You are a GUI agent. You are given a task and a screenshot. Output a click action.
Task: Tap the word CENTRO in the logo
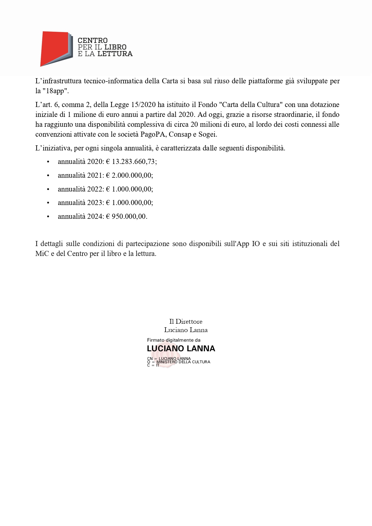93,40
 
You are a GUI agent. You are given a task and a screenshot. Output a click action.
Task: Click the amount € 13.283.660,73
131,162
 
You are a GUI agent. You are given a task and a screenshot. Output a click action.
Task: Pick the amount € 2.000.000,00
129,175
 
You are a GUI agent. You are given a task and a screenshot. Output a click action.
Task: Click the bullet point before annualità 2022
48,189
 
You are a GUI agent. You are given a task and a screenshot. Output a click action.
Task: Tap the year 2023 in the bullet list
95,203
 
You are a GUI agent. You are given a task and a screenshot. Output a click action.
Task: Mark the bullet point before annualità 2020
48,162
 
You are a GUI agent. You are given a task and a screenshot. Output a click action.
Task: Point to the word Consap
180,134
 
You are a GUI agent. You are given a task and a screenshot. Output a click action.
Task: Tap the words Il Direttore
186,322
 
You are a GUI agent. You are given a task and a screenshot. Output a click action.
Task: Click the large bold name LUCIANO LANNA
181,349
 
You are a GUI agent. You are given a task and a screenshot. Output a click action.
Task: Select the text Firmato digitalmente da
174,340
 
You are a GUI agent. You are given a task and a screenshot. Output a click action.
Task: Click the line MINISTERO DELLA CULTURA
183,362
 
